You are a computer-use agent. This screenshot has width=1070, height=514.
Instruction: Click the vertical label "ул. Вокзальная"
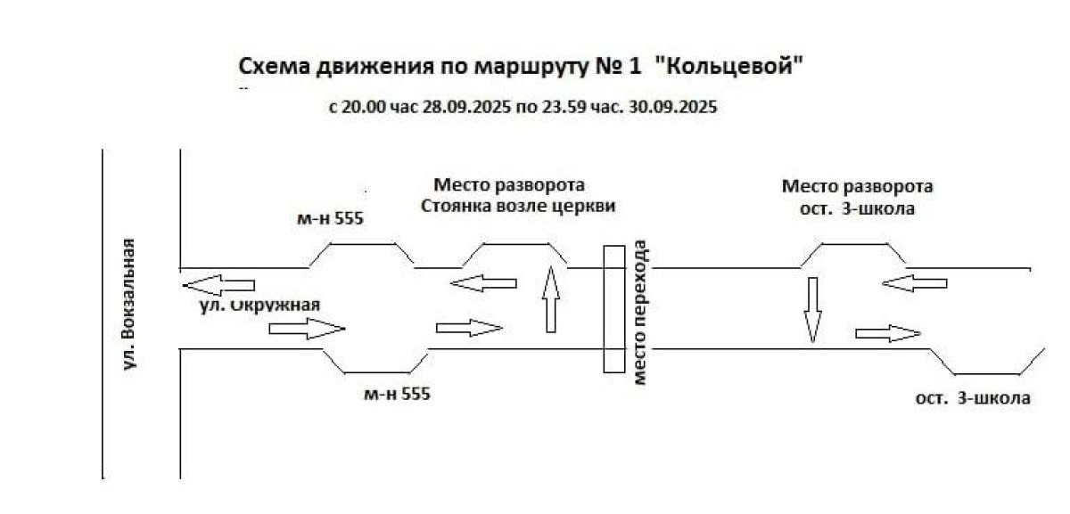130,304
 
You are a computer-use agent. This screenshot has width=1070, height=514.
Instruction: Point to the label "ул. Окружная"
259,305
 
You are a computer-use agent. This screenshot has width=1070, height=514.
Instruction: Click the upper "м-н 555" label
330,218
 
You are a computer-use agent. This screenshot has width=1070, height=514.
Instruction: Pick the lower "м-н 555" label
397,393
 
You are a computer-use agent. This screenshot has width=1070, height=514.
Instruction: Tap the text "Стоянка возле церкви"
519,207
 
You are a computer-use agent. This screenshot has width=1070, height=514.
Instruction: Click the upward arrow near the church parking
551,298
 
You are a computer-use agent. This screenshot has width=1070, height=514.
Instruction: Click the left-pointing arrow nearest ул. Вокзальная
218,286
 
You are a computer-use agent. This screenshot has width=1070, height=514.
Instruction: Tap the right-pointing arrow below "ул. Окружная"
306,329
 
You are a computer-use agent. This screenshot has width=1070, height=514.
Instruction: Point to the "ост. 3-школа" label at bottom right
973,398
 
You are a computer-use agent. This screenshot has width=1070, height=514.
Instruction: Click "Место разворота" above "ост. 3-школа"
857,187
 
